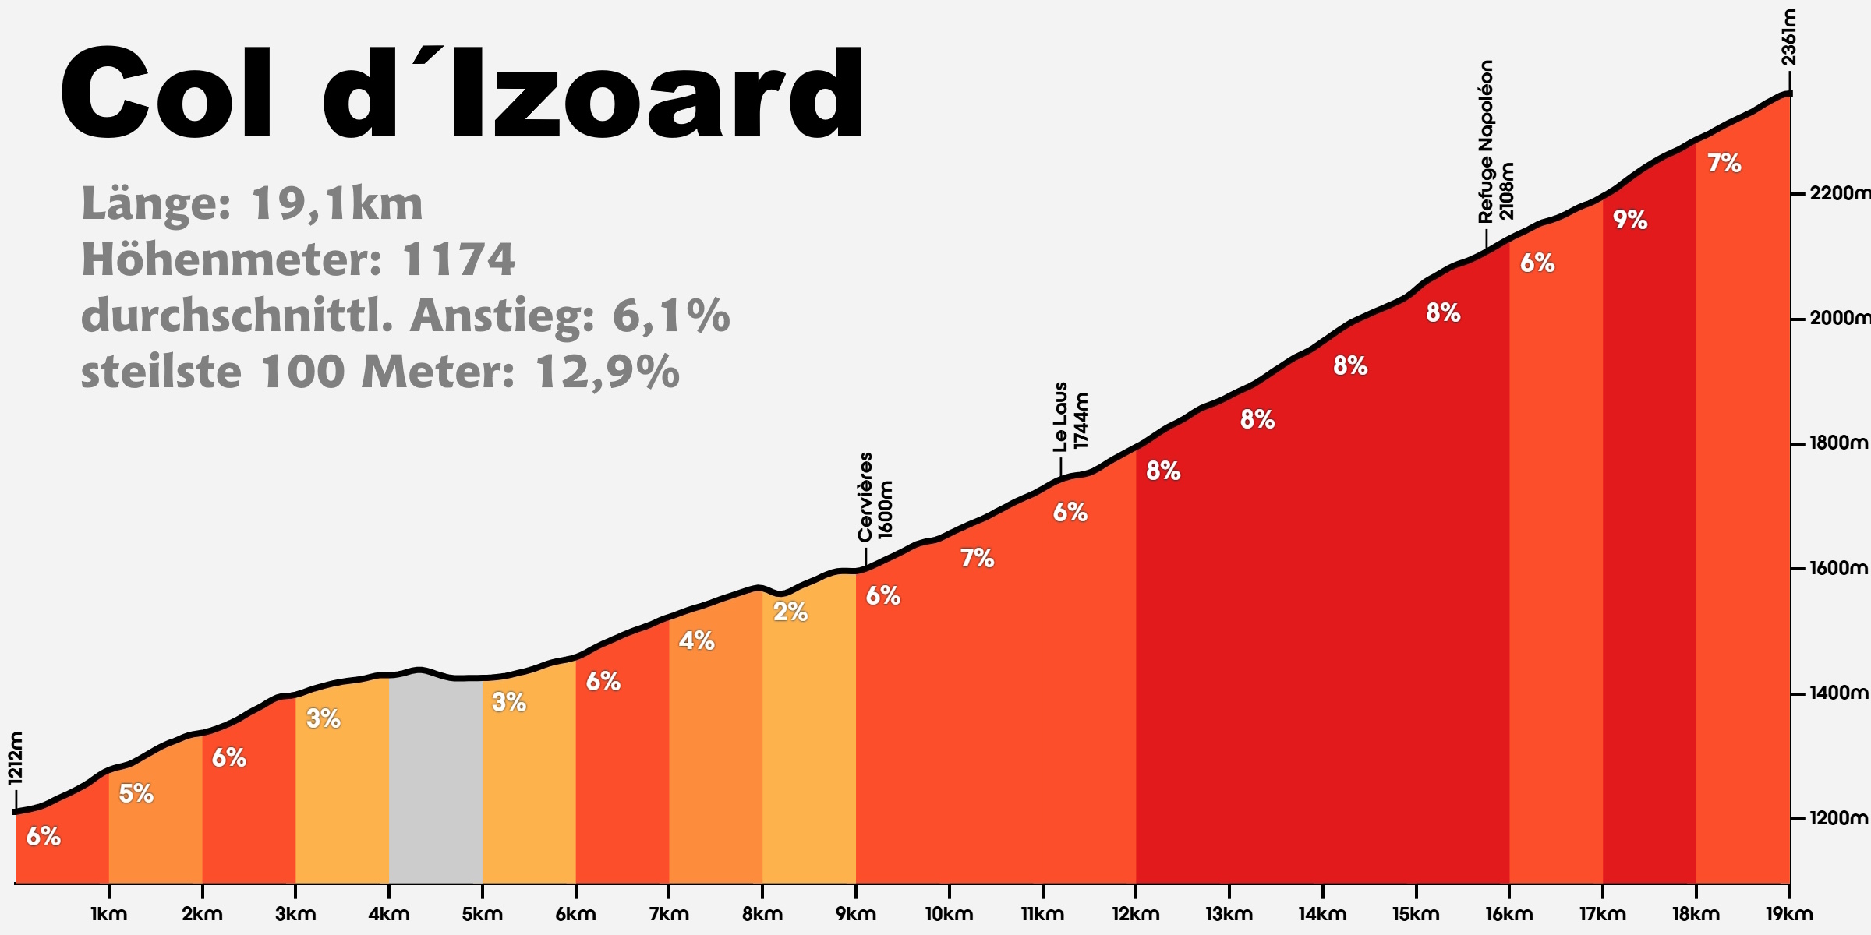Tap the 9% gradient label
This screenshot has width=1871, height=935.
(1629, 221)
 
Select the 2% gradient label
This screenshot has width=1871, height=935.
(790, 612)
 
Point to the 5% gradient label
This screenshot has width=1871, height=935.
(136, 794)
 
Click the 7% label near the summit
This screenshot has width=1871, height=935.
(1724, 164)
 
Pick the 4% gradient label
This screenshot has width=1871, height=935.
(696, 641)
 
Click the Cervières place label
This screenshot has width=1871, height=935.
(865, 497)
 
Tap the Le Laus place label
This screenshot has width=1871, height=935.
(1060, 417)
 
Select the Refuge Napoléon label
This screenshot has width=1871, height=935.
(1487, 142)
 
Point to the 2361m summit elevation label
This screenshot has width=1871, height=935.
(1788, 37)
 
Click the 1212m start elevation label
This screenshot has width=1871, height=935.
(16, 757)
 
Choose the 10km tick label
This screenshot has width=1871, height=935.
(949, 914)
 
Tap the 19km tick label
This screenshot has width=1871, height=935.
(1788, 914)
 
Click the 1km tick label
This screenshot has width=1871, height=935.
(108, 914)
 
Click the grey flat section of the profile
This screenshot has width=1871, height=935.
(435, 779)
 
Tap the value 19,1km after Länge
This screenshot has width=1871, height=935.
(337, 204)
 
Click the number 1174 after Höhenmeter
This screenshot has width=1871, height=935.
(458, 260)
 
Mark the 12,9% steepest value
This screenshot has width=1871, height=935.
(607, 372)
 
